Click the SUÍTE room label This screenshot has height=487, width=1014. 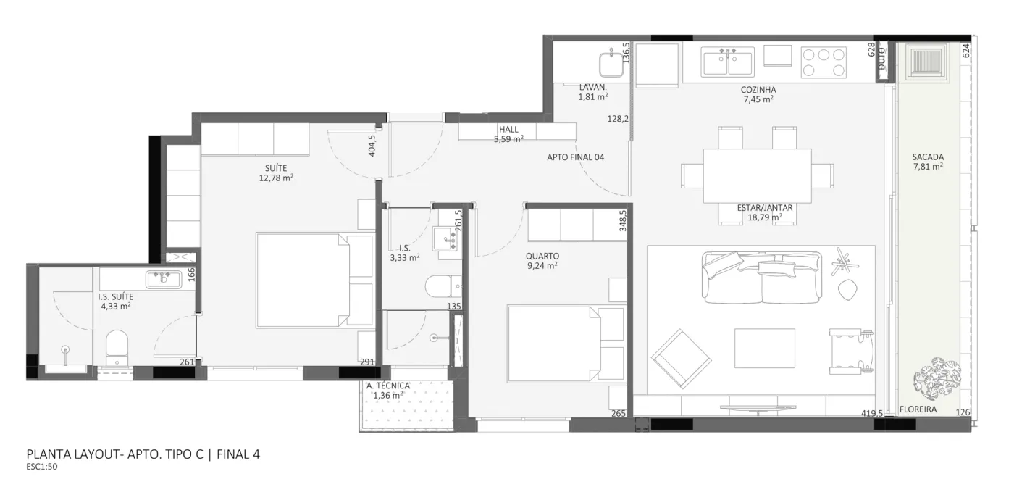point(276,168)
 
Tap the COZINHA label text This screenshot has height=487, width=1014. point(758,90)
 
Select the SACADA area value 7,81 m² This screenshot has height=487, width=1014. point(928,166)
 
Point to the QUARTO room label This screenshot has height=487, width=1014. point(542,256)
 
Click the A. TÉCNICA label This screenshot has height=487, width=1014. point(388,386)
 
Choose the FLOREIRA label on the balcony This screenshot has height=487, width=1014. point(918,409)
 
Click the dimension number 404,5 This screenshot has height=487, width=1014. point(372,146)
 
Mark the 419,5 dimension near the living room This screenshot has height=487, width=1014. point(872,413)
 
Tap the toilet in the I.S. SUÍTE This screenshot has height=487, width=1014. point(117,347)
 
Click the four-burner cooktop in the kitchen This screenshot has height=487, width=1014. point(824,62)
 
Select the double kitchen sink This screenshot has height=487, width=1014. point(727,62)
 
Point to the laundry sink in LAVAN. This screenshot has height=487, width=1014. point(611,64)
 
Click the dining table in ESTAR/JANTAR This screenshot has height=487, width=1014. point(757,175)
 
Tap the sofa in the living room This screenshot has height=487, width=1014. point(762,278)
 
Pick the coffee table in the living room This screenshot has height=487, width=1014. point(765,348)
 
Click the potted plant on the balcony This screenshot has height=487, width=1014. point(937,380)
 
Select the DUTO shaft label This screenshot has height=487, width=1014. point(882,59)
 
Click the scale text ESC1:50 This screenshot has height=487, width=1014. point(42,467)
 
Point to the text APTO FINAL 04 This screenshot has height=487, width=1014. point(575,157)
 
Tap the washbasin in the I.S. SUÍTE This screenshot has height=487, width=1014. point(164,280)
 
